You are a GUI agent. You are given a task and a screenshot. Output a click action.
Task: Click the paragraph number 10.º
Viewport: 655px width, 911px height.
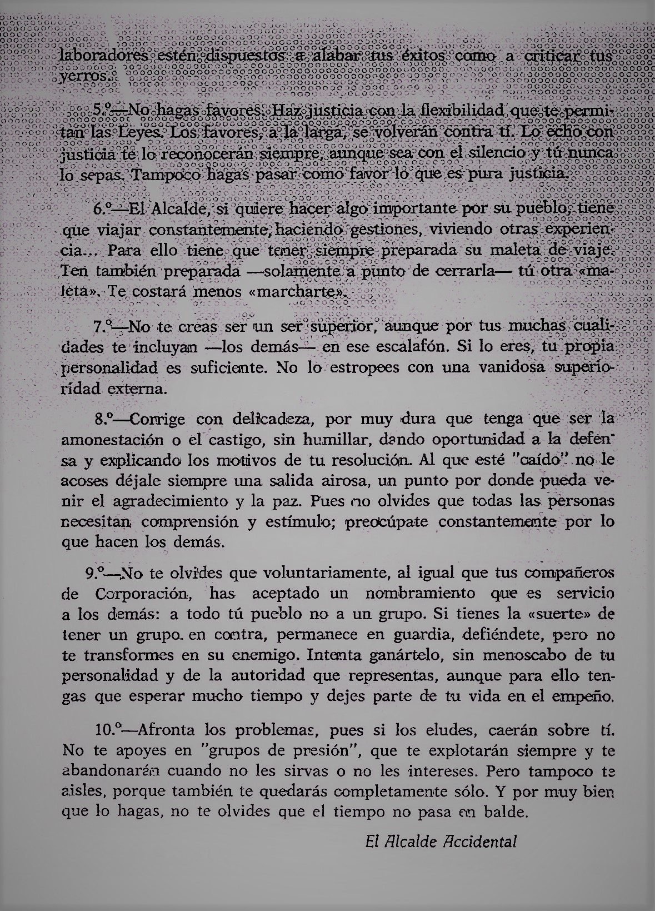106,728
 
